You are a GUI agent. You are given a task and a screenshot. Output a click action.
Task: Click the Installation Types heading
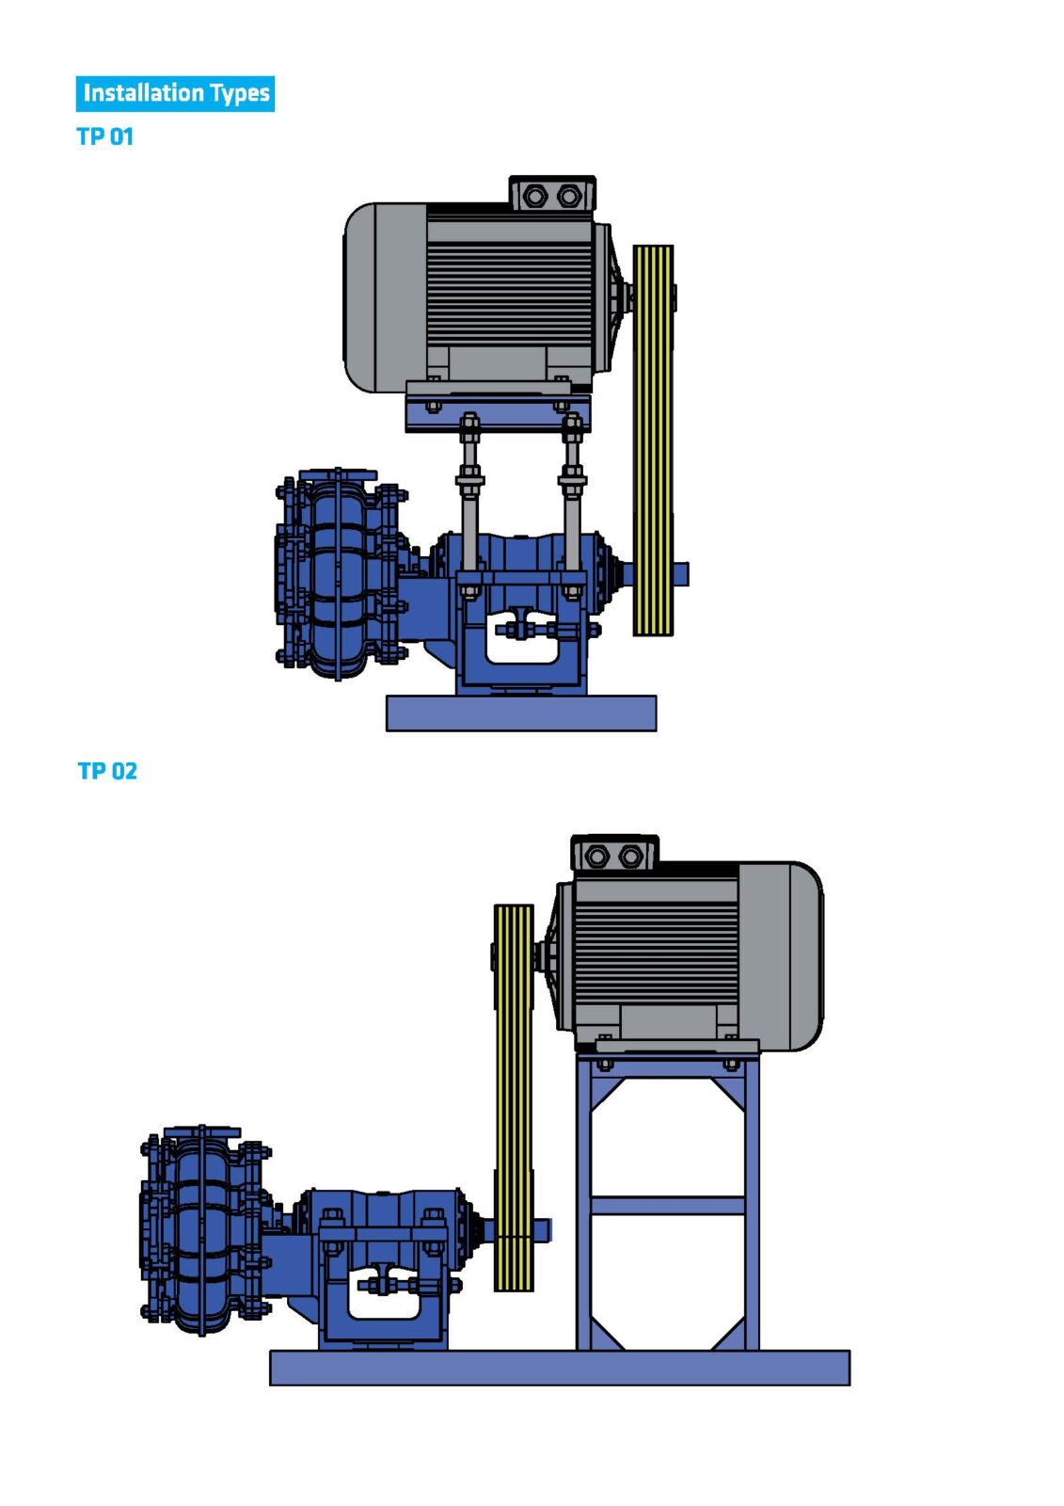pyautogui.click(x=175, y=93)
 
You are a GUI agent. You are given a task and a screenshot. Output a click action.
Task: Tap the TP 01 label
pyautogui.click(x=104, y=136)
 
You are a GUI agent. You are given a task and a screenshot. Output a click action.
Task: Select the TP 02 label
pyautogui.click(x=107, y=771)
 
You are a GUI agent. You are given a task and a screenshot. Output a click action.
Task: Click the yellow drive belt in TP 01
pyautogui.click(x=653, y=441)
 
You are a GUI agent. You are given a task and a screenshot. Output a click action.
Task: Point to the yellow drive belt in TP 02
pyautogui.click(x=514, y=1097)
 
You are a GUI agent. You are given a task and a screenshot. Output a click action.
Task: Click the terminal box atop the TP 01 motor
pyautogui.click(x=552, y=194)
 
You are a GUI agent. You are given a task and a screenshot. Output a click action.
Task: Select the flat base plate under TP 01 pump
pyautogui.click(x=521, y=713)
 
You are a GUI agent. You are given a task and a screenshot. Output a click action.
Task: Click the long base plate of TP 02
pyautogui.click(x=559, y=1368)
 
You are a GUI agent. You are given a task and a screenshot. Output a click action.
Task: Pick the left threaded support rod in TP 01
pyautogui.click(x=469, y=505)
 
